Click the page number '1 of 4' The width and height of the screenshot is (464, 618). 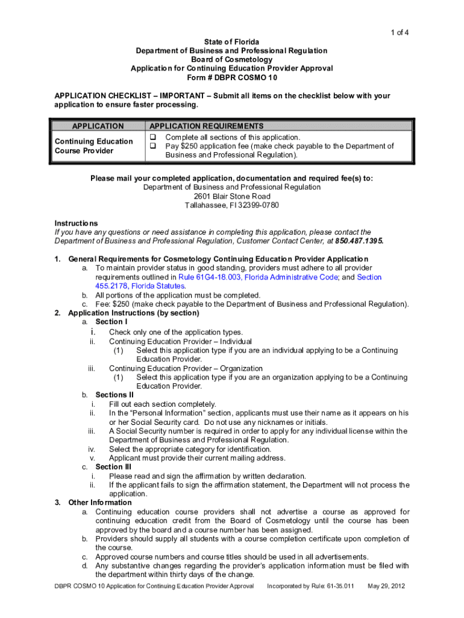point(398,33)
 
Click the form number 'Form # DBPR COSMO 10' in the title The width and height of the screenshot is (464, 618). point(231,78)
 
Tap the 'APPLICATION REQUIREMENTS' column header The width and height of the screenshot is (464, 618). point(207,126)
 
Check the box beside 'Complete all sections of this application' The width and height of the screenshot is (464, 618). point(153,138)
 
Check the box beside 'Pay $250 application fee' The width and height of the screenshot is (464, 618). point(153,146)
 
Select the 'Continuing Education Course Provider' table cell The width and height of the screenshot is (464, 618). point(93,146)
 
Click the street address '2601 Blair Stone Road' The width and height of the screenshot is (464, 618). point(232,196)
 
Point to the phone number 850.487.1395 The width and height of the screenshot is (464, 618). point(359,241)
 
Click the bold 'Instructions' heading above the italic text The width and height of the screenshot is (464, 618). point(76,223)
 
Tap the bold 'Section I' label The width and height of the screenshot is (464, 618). point(111,322)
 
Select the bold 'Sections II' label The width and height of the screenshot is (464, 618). point(114,395)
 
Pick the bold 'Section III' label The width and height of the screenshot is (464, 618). point(113,467)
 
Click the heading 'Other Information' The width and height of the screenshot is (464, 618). point(99,502)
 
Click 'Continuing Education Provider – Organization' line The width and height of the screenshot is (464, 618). point(186,368)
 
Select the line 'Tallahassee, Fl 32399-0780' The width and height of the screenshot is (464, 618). point(232,205)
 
